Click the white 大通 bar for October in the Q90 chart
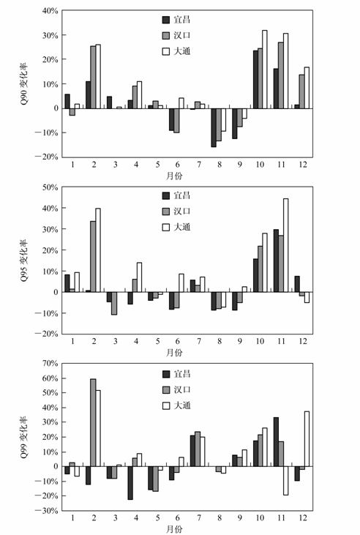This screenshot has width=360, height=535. click(x=264, y=70)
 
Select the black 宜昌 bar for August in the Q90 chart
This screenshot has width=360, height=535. click(x=214, y=127)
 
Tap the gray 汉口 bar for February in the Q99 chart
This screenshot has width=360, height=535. click(x=93, y=422)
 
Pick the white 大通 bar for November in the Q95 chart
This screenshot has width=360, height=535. click(x=285, y=245)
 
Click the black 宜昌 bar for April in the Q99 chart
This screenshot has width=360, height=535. click(x=130, y=483)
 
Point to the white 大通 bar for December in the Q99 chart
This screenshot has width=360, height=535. click(x=307, y=439)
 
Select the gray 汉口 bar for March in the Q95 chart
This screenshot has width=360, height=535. click(x=114, y=303)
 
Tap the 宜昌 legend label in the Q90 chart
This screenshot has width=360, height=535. click(x=182, y=20)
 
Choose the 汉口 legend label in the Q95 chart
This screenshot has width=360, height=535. click(x=182, y=212)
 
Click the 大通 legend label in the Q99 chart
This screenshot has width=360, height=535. click(x=182, y=405)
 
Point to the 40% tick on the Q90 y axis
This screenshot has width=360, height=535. click(x=50, y=11)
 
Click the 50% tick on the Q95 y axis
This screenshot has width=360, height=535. click(x=50, y=187)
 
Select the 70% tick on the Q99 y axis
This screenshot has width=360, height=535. click(x=50, y=364)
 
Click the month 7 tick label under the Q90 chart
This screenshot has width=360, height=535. click(x=199, y=165)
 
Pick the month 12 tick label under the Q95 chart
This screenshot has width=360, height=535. click(x=303, y=341)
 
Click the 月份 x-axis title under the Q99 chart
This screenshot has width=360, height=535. click(x=174, y=529)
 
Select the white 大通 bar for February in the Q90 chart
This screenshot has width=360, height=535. click(x=98, y=76)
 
